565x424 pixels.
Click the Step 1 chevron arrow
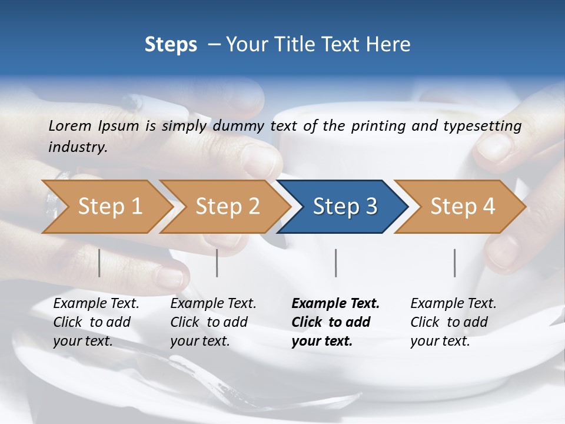[x=106, y=207]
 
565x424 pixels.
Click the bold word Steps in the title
[x=171, y=45]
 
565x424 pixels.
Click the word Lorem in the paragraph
[x=70, y=125]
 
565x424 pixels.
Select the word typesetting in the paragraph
[x=487, y=126]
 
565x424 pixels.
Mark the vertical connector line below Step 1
[x=99, y=263]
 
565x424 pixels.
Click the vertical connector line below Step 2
[x=217, y=263]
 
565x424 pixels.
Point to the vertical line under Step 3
[x=336, y=263]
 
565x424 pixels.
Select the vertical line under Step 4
[x=455, y=263]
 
